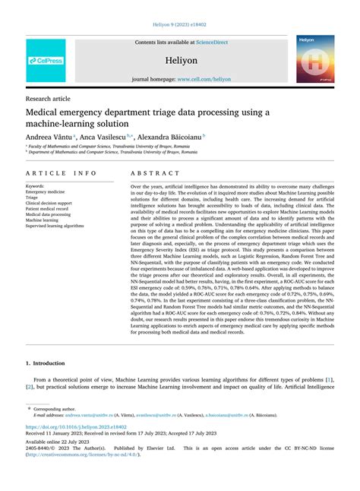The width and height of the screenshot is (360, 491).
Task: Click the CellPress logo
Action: pyautogui.click(x=46, y=61)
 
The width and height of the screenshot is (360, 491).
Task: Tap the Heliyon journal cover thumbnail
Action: pyautogui.click(x=314, y=58)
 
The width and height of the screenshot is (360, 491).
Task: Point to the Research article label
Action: pyautogui.click(x=49, y=99)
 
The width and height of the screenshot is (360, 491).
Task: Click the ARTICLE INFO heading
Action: pyautogui.click(x=62, y=173)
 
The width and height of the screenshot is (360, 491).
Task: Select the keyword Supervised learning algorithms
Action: pyautogui.click(x=55, y=226)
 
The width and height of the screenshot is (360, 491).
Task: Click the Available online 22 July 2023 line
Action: pyautogui.click(x=58, y=442)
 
